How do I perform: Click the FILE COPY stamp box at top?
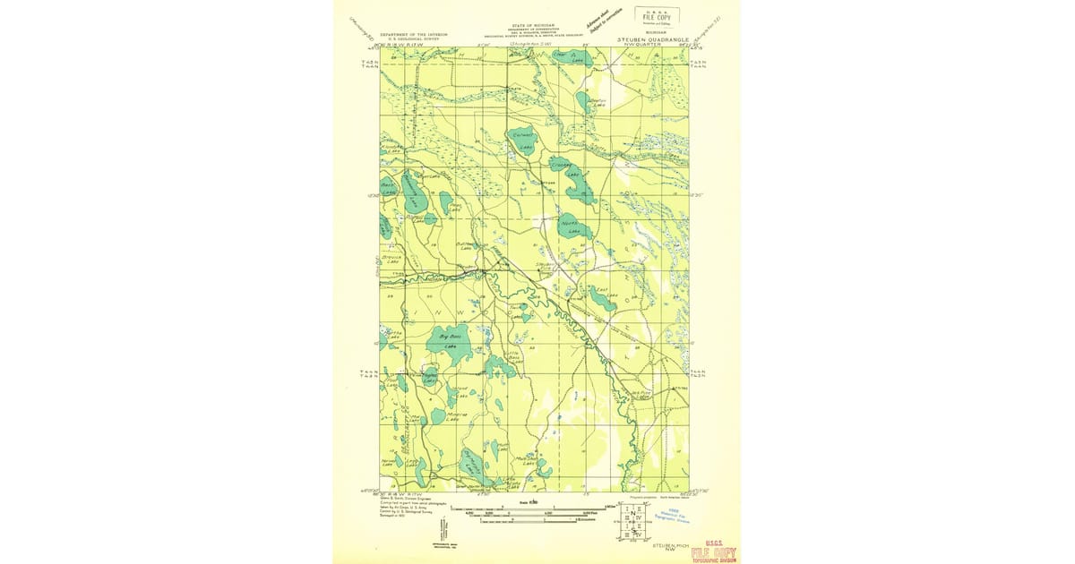657,15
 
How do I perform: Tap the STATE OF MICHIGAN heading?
534,26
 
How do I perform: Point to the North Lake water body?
571,226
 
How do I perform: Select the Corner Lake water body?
522,141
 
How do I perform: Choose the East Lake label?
602,291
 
